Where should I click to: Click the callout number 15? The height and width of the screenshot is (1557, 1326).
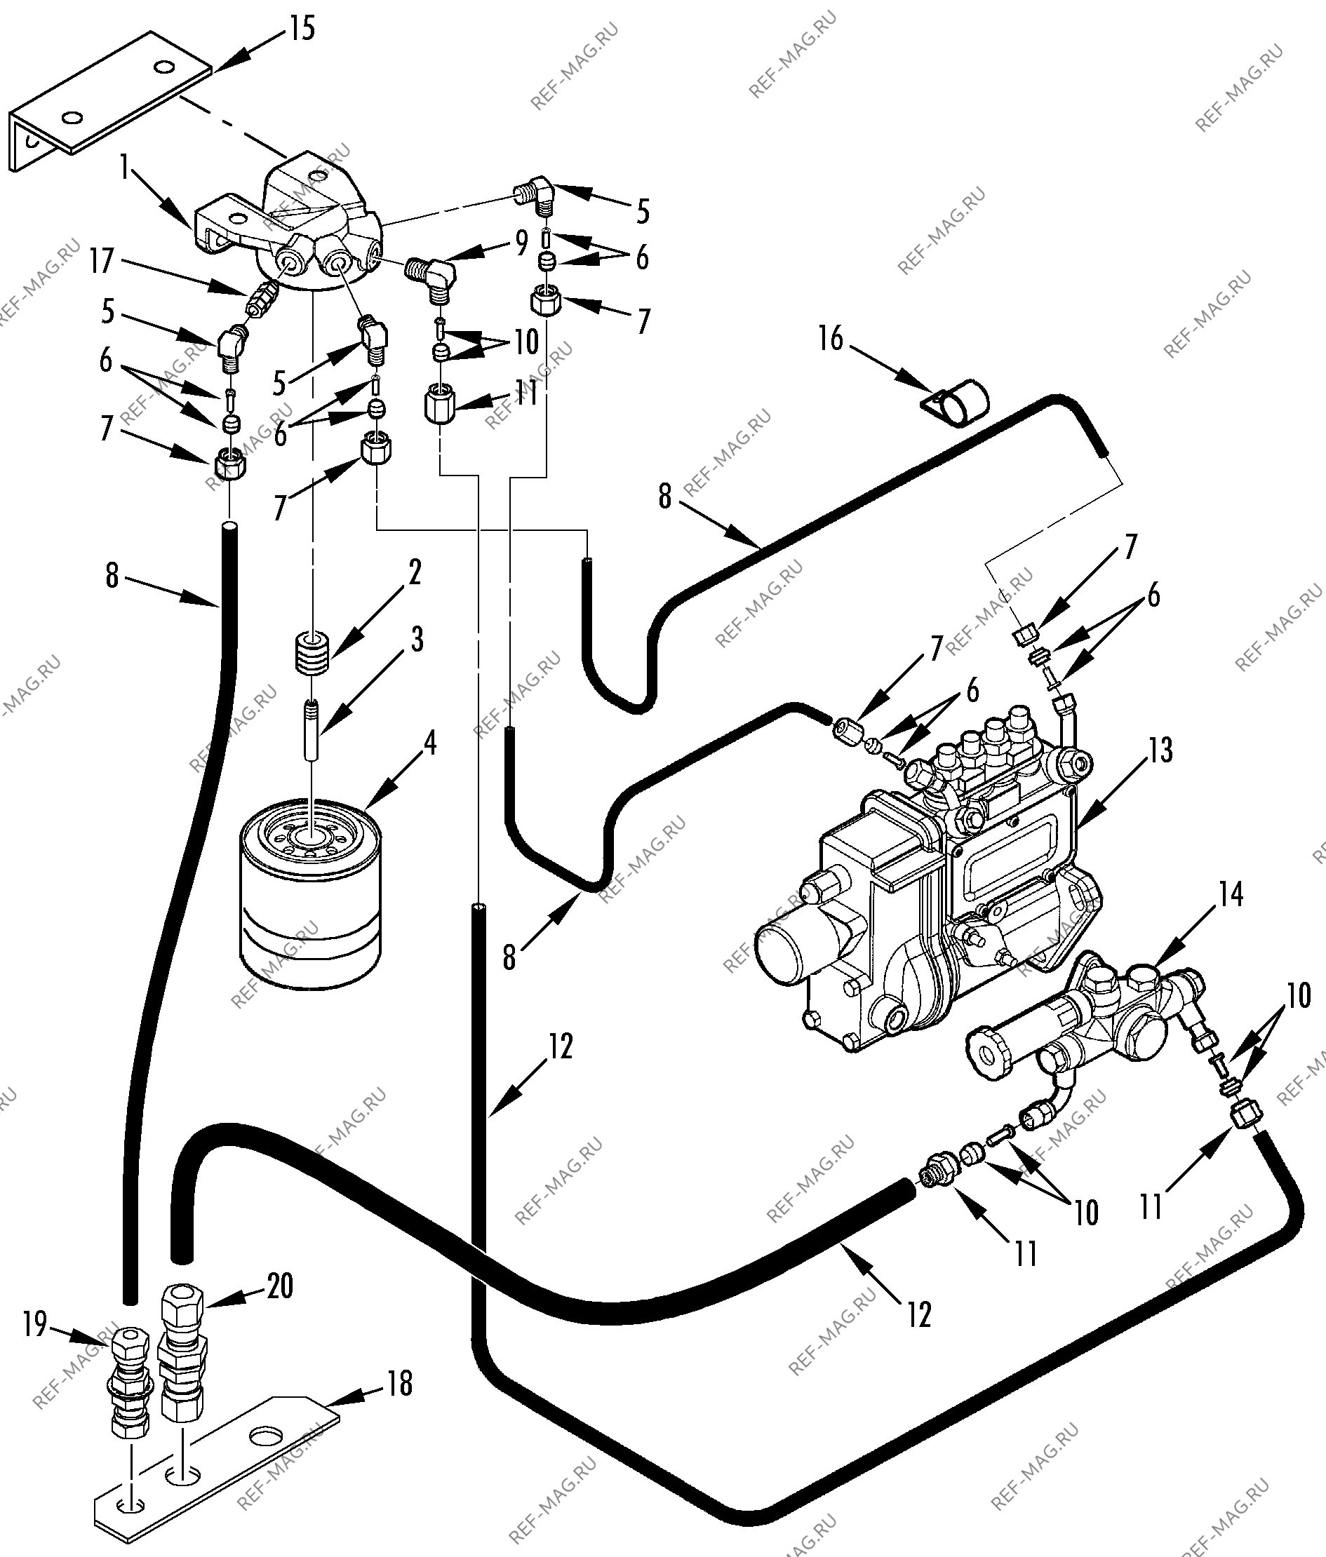click(302, 29)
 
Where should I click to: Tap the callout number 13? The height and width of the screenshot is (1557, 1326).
click(1160, 750)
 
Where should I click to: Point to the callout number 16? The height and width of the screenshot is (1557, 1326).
click(831, 339)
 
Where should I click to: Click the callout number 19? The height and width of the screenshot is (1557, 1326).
click(34, 1345)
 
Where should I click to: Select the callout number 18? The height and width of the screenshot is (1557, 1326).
click(400, 1383)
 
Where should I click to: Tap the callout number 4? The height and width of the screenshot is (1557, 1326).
click(429, 743)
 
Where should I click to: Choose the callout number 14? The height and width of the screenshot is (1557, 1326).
click(1230, 894)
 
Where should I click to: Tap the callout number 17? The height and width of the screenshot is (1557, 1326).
click(102, 262)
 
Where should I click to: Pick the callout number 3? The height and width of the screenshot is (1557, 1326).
click(415, 640)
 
